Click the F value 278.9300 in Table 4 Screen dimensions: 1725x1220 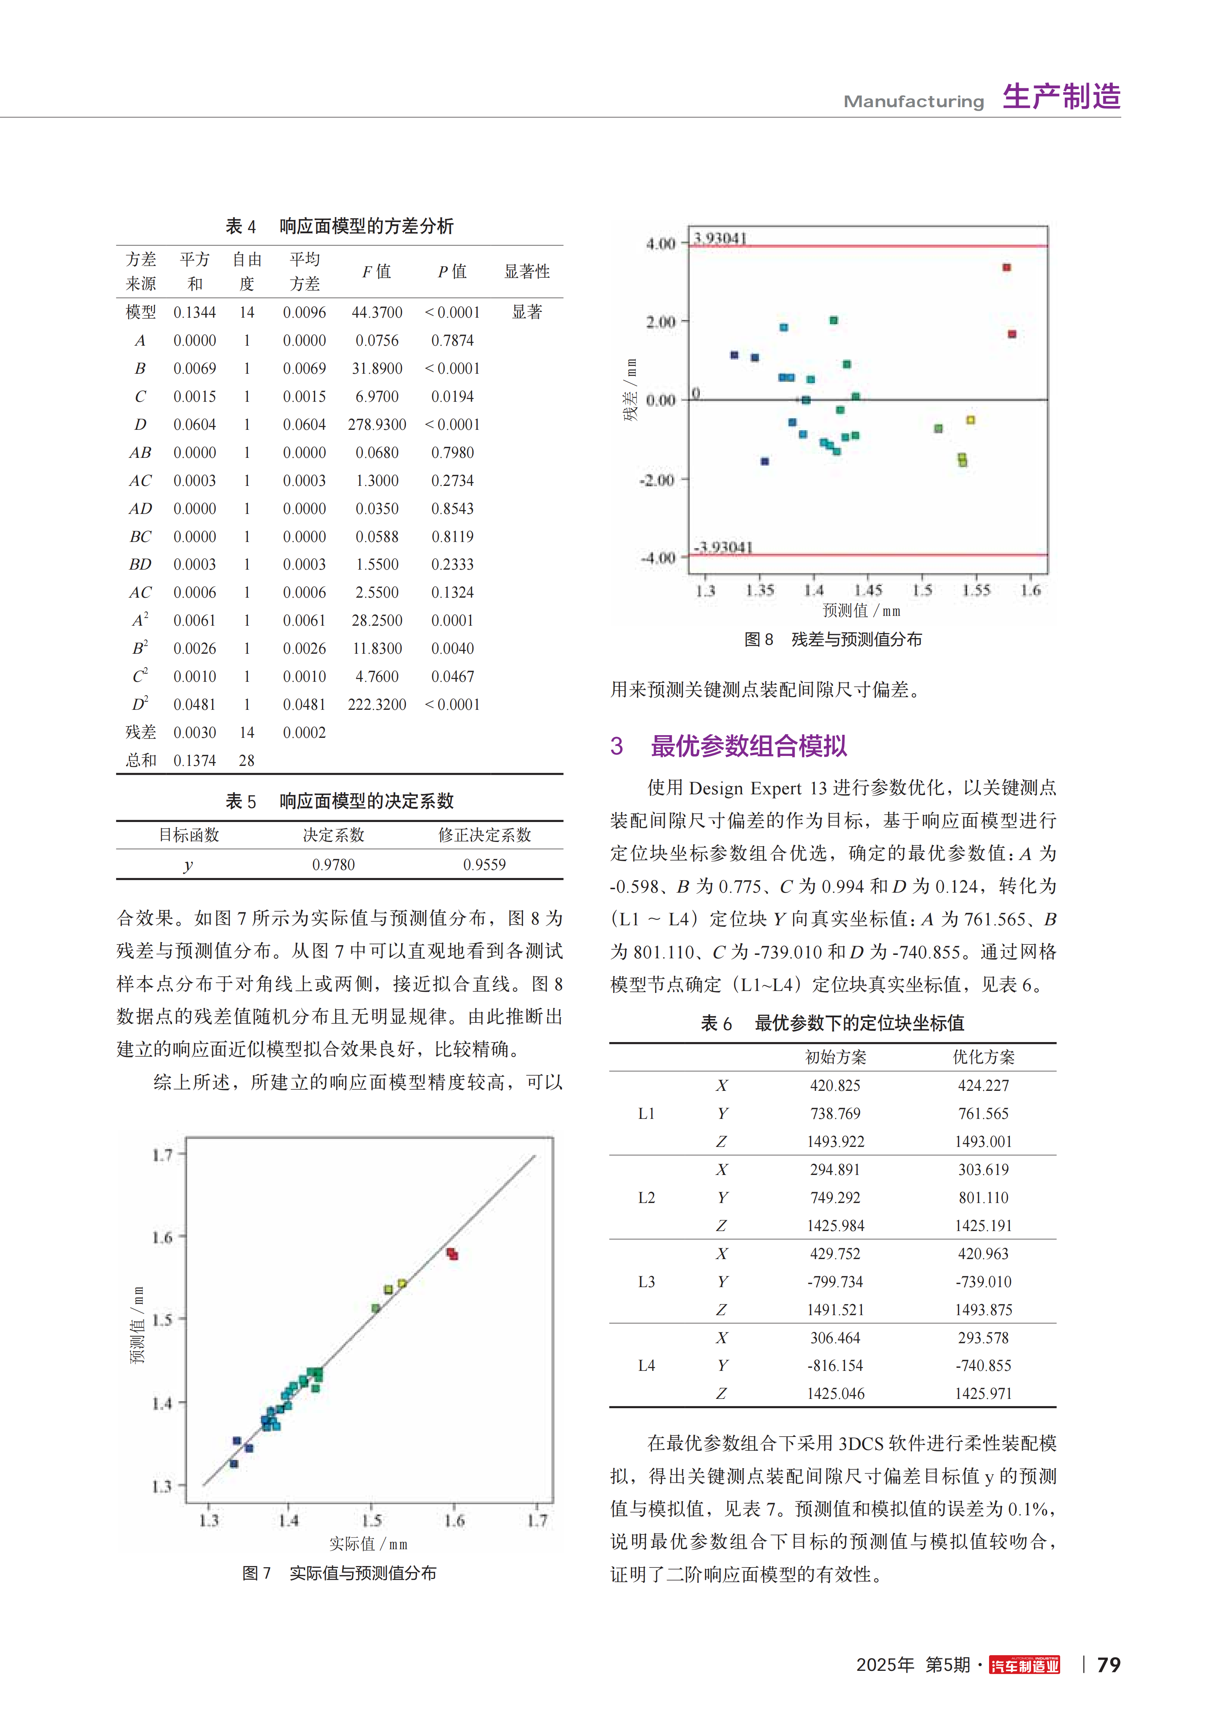point(377,424)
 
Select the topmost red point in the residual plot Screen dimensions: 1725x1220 point(1006,267)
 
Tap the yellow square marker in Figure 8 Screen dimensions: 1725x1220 point(971,420)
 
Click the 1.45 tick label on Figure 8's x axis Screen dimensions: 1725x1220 point(868,590)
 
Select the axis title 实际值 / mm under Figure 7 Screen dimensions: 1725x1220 point(368,1544)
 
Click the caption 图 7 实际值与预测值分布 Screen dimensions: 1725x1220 point(339,1573)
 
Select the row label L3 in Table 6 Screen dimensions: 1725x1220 point(646,1282)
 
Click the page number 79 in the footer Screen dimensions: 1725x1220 point(1109,1665)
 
